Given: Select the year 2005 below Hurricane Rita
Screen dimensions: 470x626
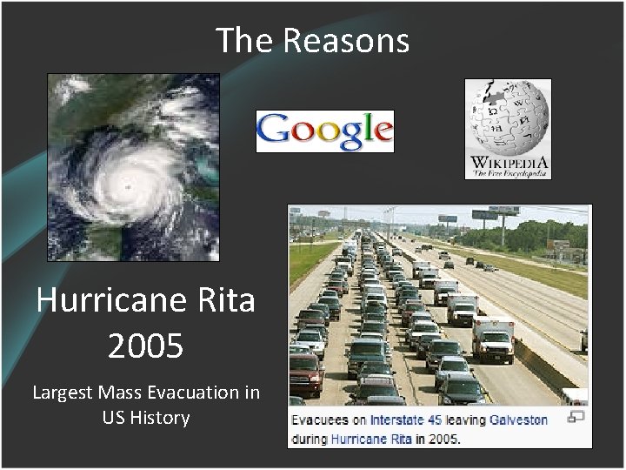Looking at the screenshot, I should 145,346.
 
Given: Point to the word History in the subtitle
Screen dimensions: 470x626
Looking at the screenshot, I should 159,418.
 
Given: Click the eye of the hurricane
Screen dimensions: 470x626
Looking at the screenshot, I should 128,185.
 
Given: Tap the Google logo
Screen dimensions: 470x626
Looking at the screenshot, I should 324,131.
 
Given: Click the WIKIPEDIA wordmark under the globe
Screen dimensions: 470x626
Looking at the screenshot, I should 508,162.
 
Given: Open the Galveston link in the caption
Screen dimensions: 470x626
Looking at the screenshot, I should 519,420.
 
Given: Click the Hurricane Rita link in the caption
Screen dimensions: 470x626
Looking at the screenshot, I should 371,439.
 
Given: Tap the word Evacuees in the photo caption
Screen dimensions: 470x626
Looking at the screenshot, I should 320,420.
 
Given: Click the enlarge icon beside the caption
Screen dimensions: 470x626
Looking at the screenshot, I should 576,417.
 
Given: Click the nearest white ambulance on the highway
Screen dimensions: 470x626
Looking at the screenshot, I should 492,337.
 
